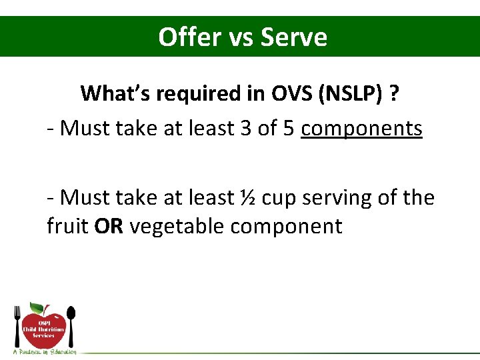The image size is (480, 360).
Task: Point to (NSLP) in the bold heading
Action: pyautogui.click(x=361, y=93)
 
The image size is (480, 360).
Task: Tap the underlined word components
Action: pyautogui.click(x=361, y=128)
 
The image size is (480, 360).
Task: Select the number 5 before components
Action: pyautogui.click(x=288, y=128)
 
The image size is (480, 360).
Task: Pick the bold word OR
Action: pyautogui.click(x=109, y=227)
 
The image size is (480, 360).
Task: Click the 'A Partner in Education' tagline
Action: pyautogui.click(x=45, y=351)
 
